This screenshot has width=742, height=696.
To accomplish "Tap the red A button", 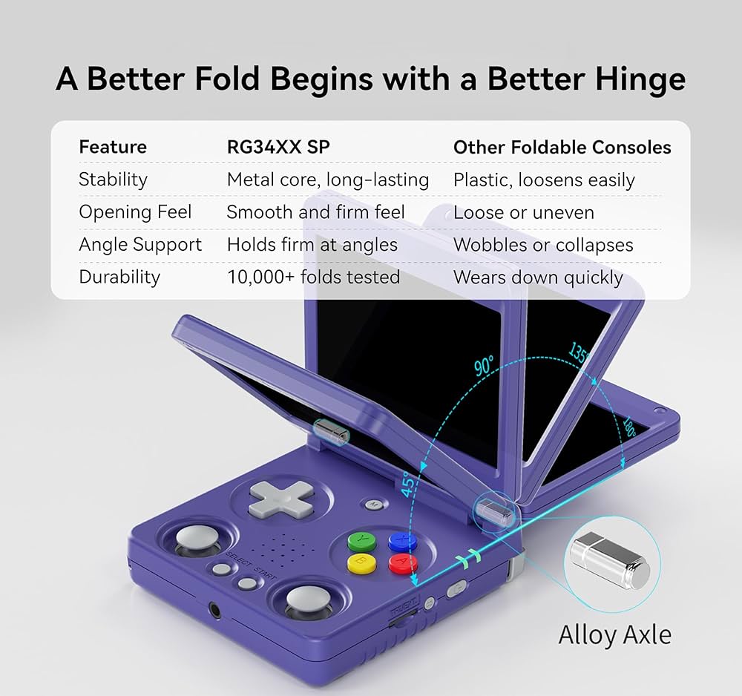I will point(401,562).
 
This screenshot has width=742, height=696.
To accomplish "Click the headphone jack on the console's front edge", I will point(215,610).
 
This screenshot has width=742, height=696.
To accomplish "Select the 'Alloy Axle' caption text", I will point(614,635).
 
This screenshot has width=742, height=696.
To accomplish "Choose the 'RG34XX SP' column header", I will point(278,147).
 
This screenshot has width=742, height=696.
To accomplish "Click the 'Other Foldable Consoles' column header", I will point(562,147).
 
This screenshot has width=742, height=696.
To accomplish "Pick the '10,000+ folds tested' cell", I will point(313,278).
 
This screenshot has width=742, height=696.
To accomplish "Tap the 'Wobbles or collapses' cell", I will point(543,245).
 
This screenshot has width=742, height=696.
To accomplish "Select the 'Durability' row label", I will point(119,278).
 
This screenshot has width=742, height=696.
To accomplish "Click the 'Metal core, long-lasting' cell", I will point(328,180).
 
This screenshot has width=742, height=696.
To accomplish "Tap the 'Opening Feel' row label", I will point(135,212).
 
